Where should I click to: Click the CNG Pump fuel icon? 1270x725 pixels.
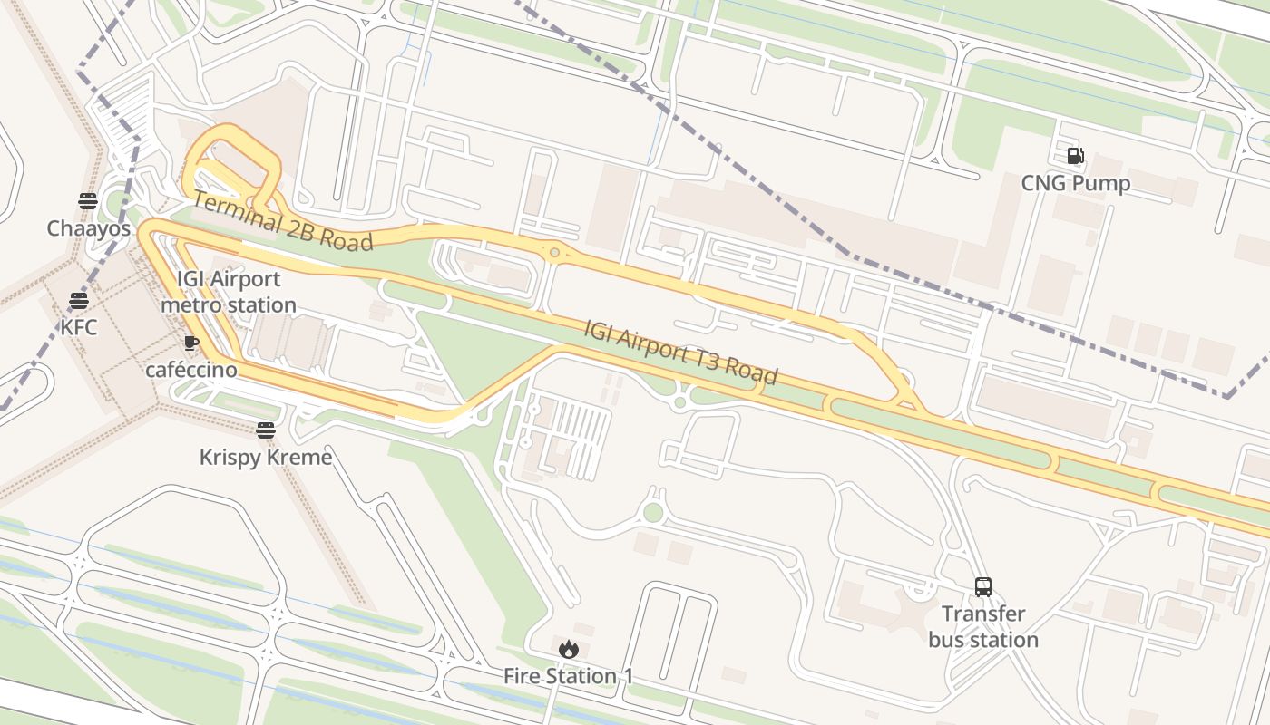tap(1075, 156)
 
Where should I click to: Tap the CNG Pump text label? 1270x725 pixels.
tap(1075, 184)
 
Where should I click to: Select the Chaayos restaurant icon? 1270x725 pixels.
tap(88, 200)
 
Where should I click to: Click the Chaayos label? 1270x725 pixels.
tap(89, 228)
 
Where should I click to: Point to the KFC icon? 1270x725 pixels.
tap(79, 300)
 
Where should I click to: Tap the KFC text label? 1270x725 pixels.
tap(79, 327)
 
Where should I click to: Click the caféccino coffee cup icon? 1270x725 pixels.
tap(190, 343)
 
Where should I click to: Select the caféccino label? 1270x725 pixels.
tap(191, 370)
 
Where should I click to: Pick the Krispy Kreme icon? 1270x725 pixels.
tap(265, 430)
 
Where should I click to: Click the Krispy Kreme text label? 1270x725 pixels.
tap(266, 458)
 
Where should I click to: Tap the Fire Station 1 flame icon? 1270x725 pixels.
tap(569, 648)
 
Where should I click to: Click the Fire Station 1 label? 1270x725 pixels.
tap(569, 676)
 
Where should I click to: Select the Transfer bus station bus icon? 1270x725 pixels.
tap(983, 586)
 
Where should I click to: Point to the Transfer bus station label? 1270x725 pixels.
tap(983, 627)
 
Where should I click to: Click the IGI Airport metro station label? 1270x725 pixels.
tap(229, 292)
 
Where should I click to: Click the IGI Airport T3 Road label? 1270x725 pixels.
tap(680, 352)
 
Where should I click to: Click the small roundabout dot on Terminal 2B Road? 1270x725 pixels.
tap(554, 252)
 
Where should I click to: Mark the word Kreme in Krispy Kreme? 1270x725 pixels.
tap(300, 458)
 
